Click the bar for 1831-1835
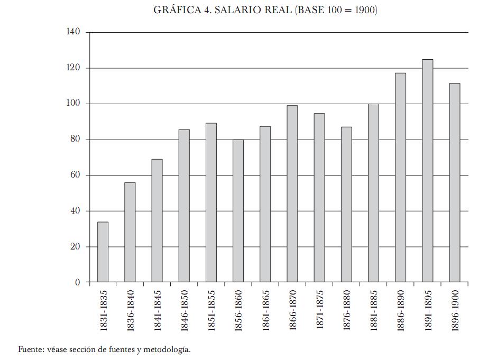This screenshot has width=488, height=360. tap(103, 252)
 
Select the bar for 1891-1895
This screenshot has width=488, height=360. tap(427, 171)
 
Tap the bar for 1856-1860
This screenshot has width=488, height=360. tap(238, 211)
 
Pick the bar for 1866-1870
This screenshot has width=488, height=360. tap(292, 194)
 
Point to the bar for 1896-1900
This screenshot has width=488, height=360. tap(454, 183)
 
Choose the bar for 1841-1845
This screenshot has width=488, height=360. tap(157, 221)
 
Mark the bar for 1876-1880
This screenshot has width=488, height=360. tap(346, 205)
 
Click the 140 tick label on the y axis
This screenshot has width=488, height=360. tap(73, 32)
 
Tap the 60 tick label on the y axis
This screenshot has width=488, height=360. tap(76, 176)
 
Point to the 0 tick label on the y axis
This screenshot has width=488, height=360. tap(78, 282)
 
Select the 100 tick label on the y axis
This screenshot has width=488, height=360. tap(73, 104)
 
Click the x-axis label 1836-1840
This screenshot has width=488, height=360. tap(131, 310)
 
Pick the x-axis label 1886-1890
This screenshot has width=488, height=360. tap(401, 310)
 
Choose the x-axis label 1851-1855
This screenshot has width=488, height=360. tap(211, 310)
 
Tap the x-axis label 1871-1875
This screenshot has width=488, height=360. tap(320, 310)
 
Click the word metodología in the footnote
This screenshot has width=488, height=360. tap(168, 350)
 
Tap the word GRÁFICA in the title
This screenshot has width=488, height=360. tap(177, 11)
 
